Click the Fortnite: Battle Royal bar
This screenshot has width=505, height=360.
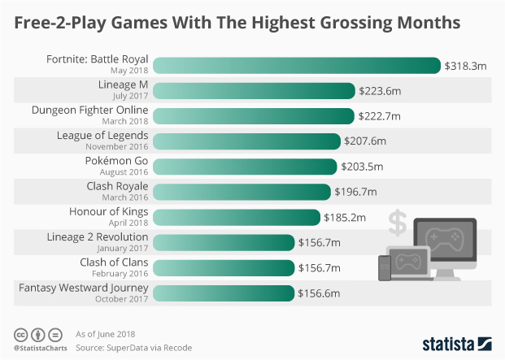(x=296, y=66)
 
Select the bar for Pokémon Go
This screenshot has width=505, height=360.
(x=245, y=167)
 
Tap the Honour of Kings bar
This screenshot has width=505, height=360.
(x=236, y=217)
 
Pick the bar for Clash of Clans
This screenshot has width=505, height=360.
(x=224, y=267)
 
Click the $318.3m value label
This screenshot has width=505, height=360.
(x=465, y=66)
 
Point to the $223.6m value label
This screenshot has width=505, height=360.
(x=380, y=91)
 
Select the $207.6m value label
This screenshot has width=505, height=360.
(x=365, y=141)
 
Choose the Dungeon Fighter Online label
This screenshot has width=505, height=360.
(x=90, y=111)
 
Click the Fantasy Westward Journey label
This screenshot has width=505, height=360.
(x=84, y=288)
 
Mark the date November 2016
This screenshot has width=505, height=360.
(x=117, y=147)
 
